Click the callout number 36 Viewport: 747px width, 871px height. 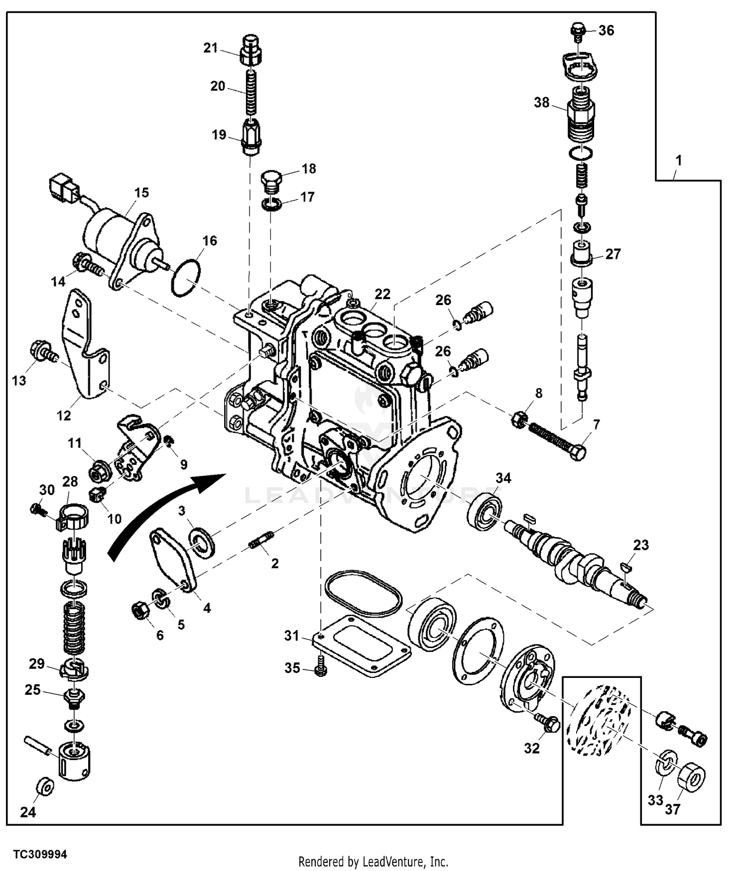(606, 30)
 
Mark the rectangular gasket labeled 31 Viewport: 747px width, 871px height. (361, 646)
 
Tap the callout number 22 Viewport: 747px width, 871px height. (382, 294)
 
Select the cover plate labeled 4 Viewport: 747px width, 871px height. (172, 557)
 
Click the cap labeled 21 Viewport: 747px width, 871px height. (251, 50)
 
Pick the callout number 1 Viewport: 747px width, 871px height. (678, 161)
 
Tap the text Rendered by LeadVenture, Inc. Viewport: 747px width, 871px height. (373, 861)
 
